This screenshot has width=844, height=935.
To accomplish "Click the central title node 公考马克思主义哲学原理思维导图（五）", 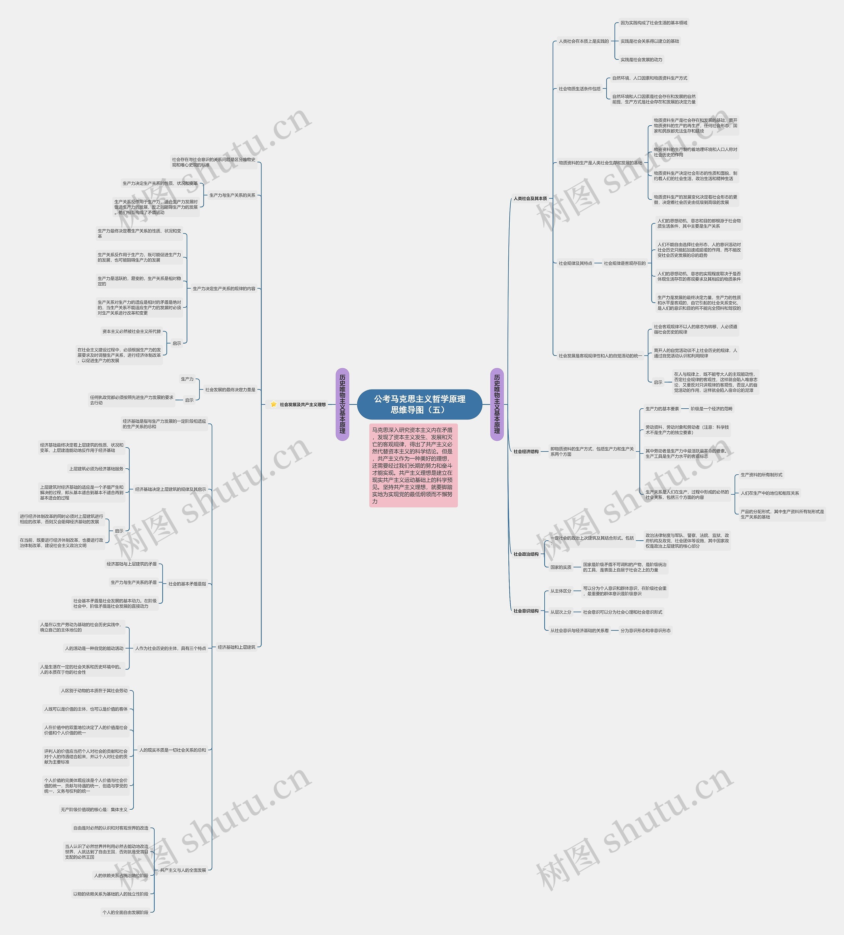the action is (419, 404).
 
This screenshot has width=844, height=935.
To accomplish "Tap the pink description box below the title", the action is (413, 465).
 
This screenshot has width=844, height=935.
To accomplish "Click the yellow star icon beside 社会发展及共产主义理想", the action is (274, 404).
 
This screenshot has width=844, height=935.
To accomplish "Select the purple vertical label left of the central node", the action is (342, 404).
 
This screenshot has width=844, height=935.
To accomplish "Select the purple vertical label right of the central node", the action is (497, 404).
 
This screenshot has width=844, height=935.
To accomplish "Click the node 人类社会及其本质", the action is (530, 199).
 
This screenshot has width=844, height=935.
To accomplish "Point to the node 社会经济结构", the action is (526, 452).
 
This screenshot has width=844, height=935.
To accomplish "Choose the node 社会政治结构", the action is (526, 554).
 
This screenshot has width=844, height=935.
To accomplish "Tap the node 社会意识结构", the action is (526, 611).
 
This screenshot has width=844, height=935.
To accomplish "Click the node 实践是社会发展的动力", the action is (641, 60).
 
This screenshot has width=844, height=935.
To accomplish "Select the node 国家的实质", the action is (561, 567).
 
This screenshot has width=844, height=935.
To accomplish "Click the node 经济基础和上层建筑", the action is (236, 647).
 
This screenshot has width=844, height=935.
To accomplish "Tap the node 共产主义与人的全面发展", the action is (183, 871).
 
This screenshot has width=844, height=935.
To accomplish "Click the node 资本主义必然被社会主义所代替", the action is (132, 331).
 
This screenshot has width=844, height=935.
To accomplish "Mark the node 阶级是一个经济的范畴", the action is (711, 409).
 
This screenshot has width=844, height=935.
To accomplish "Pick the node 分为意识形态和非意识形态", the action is (645, 631).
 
